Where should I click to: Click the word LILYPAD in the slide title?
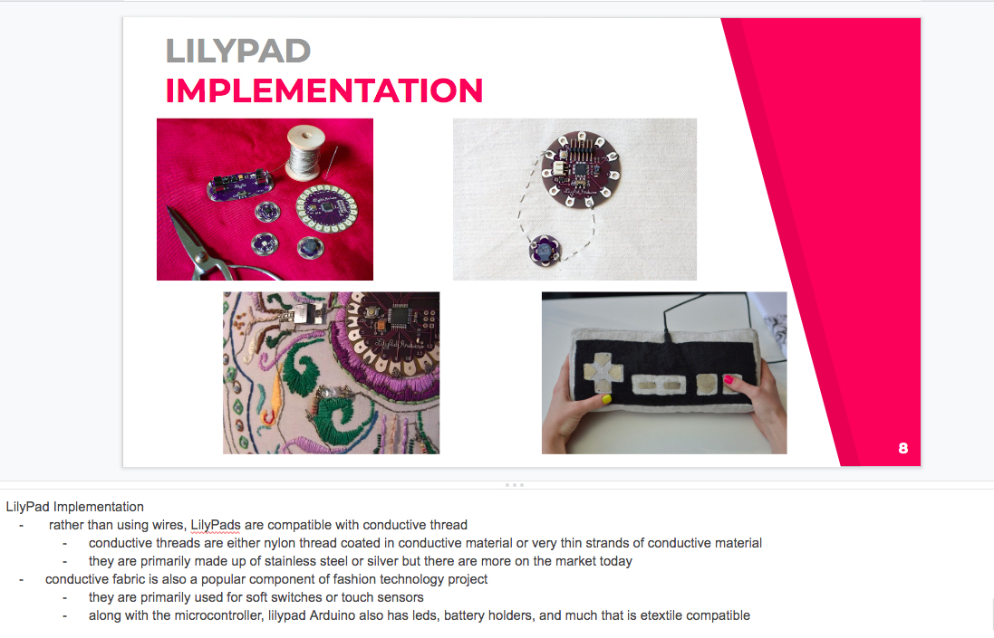click(237, 52)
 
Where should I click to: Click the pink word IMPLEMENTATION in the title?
click(324, 90)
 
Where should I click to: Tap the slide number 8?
click(903, 448)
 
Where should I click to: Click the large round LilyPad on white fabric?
click(581, 169)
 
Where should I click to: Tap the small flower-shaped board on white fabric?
click(545, 250)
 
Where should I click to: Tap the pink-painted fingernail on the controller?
click(729, 380)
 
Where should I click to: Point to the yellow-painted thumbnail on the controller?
click(606, 399)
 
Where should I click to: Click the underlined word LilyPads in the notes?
click(216, 525)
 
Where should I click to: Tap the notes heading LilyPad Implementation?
click(75, 507)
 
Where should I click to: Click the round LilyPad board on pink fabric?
click(326, 208)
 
